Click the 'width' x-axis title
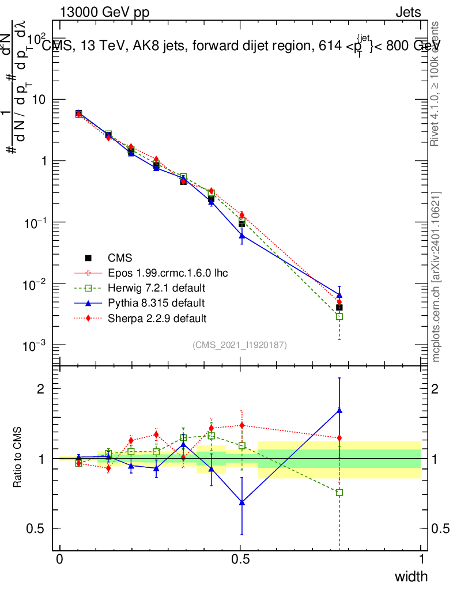pyautogui.click(x=411, y=577)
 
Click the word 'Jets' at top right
pyautogui.click(x=408, y=12)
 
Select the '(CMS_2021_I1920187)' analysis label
pyautogui.click(x=240, y=345)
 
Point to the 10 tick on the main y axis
pyautogui.click(x=40, y=100)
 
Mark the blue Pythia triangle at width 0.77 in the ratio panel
pyautogui.click(x=339, y=410)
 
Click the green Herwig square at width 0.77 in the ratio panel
pyautogui.click(x=339, y=493)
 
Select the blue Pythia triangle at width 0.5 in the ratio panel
pyautogui.click(x=242, y=502)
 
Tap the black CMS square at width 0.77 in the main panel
pyautogui.click(x=339, y=307)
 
